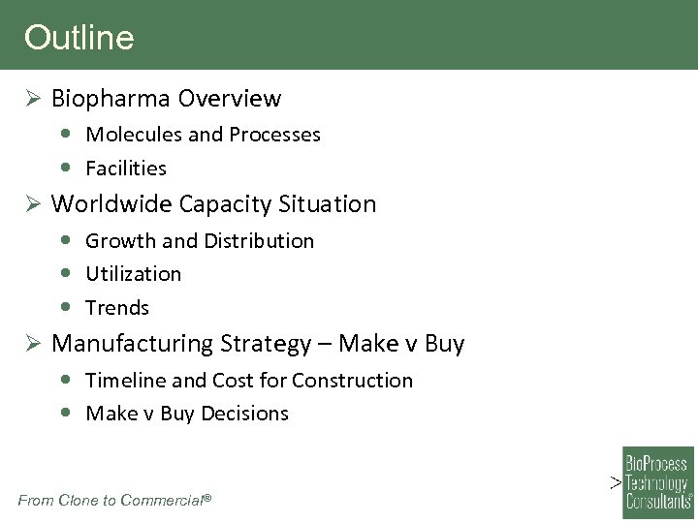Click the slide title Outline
tap(79, 38)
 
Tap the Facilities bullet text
tap(126, 169)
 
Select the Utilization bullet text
tap(133, 274)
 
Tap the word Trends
tap(117, 308)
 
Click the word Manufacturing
tap(131, 344)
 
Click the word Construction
tap(353, 381)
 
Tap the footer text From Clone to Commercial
tap(113, 500)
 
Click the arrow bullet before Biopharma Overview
tap(32, 99)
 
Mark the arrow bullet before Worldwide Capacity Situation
tap(32, 204)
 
